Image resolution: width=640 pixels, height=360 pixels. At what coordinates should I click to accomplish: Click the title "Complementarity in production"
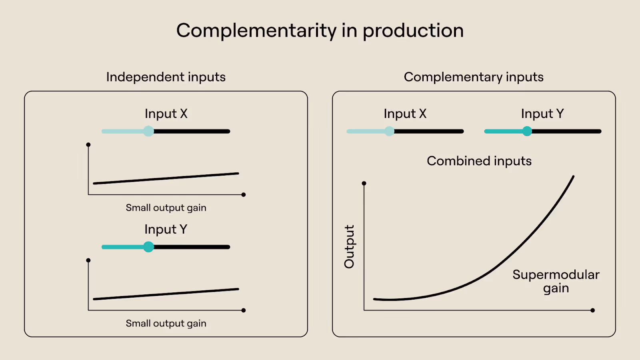pyautogui.click(x=320, y=31)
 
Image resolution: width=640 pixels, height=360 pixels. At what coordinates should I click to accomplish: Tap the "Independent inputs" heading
pyautogui.click(x=166, y=77)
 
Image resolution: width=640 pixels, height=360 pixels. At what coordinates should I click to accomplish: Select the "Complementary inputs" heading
pyautogui.click(x=474, y=77)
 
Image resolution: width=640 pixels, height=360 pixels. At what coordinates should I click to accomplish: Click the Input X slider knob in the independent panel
pyautogui.click(x=148, y=131)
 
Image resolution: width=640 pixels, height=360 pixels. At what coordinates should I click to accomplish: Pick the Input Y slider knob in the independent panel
pyautogui.click(x=148, y=247)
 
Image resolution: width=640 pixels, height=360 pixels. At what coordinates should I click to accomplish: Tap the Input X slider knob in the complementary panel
pyautogui.click(x=389, y=131)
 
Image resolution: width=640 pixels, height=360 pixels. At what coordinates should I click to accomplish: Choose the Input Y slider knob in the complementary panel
pyautogui.click(x=527, y=131)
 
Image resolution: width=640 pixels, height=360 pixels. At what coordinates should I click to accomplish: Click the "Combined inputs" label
pyautogui.click(x=479, y=161)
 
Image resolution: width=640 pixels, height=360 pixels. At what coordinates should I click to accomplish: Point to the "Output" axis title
pyautogui.click(x=349, y=246)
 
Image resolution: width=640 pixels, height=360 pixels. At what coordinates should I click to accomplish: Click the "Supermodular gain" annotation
pyautogui.click(x=556, y=281)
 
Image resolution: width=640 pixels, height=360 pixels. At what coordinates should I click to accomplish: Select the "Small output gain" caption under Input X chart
pyautogui.click(x=166, y=208)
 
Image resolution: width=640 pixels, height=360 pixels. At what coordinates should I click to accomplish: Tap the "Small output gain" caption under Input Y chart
pyautogui.click(x=166, y=323)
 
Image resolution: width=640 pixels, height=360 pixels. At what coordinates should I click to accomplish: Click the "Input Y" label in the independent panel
pyautogui.click(x=166, y=229)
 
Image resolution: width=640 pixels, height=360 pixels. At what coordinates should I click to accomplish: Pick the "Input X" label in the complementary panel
pyautogui.click(x=405, y=114)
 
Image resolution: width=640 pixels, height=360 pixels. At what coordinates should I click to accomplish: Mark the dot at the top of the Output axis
pyautogui.click(x=364, y=183)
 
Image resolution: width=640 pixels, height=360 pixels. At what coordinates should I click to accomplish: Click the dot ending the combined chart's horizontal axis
pyautogui.click(x=592, y=310)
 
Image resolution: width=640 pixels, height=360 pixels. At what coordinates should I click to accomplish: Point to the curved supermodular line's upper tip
pyautogui.click(x=573, y=176)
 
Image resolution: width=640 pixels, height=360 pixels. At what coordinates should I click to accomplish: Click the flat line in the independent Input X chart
pyautogui.click(x=166, y=178)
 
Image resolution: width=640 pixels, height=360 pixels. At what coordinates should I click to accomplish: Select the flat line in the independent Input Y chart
pyautogui.click(x=166, y=294)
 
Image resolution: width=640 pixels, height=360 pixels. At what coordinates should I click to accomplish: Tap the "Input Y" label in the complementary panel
pyautogui.click(x=542, y=114)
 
